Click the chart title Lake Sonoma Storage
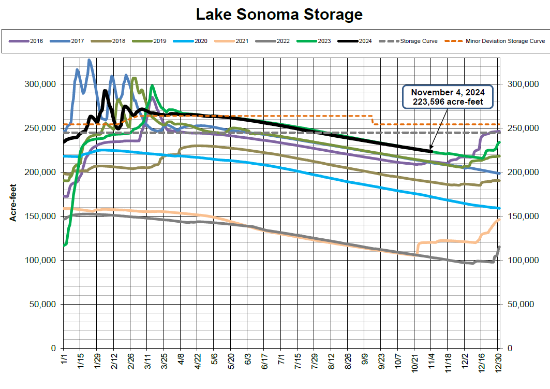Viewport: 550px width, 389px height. tap(279, 15)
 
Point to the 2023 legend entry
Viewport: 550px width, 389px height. tap(316, 40)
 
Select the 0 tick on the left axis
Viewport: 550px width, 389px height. tap(54, 348)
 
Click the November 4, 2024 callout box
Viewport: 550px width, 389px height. tap(448, 97)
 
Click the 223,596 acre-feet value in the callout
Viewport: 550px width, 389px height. tap(448, 102)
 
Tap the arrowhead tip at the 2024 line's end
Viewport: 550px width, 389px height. tap(430, 149)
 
